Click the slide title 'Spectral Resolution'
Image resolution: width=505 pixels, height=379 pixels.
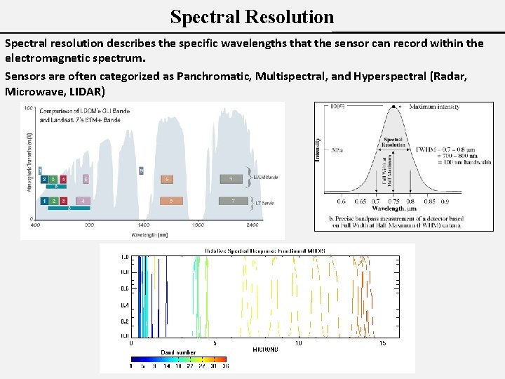(x=252, y=16)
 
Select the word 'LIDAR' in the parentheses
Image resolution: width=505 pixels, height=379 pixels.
(x=84, y=91)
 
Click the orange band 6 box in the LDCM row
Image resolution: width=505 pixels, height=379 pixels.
(x=167, y=180)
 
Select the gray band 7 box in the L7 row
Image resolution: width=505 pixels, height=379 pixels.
(x=233, y=201)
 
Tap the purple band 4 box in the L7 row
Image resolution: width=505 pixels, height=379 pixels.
(x=83, y=201)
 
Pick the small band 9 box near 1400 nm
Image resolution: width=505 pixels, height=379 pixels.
(x=142, y=171)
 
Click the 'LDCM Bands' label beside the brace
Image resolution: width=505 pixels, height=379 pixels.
(x=266, y=178)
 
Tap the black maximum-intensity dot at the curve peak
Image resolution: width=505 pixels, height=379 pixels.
(x=393, y=107)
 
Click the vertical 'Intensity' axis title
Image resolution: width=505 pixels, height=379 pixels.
(x=318, y=148)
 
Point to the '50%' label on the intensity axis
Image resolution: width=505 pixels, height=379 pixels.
(x=337, y=149)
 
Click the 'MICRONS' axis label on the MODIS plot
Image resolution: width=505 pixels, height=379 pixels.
(x=265, y=349)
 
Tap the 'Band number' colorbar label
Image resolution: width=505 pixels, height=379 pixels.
(x=178, y=352)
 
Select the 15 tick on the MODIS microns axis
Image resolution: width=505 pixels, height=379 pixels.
(x=383, y=343)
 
